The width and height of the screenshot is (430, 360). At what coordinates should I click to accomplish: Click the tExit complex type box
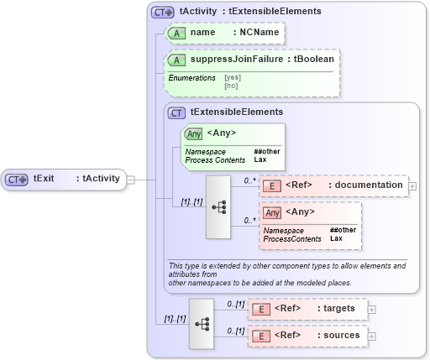63,179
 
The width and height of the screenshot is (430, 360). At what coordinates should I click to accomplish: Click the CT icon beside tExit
17,179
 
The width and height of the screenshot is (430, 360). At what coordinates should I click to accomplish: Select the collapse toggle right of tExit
130,179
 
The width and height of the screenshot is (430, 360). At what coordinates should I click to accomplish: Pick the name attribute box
223,33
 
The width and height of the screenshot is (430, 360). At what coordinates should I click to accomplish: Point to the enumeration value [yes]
233,77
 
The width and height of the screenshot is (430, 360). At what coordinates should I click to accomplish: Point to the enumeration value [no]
231,85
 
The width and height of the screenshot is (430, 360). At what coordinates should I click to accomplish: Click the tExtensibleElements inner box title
236,112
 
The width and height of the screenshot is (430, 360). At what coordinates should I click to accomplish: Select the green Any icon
193,133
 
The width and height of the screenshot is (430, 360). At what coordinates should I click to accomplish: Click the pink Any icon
272,212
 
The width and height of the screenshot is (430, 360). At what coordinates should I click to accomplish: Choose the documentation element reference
333,185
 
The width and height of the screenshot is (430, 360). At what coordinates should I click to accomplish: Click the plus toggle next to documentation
412,185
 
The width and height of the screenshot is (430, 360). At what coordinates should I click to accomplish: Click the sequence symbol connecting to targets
202,322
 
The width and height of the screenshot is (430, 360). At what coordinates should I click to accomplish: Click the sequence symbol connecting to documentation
219,206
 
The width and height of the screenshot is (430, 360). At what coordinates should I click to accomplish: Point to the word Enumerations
192,77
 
